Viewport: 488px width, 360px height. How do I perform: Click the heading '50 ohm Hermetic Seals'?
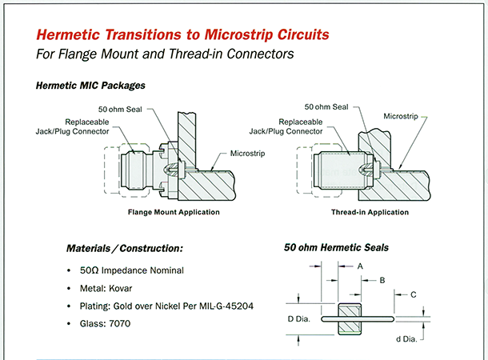(336, 248)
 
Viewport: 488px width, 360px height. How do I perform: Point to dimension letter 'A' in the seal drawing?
(361, 266)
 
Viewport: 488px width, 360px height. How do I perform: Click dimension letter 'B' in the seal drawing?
(382, 281)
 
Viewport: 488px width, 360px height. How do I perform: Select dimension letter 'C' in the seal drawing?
(413, 295)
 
